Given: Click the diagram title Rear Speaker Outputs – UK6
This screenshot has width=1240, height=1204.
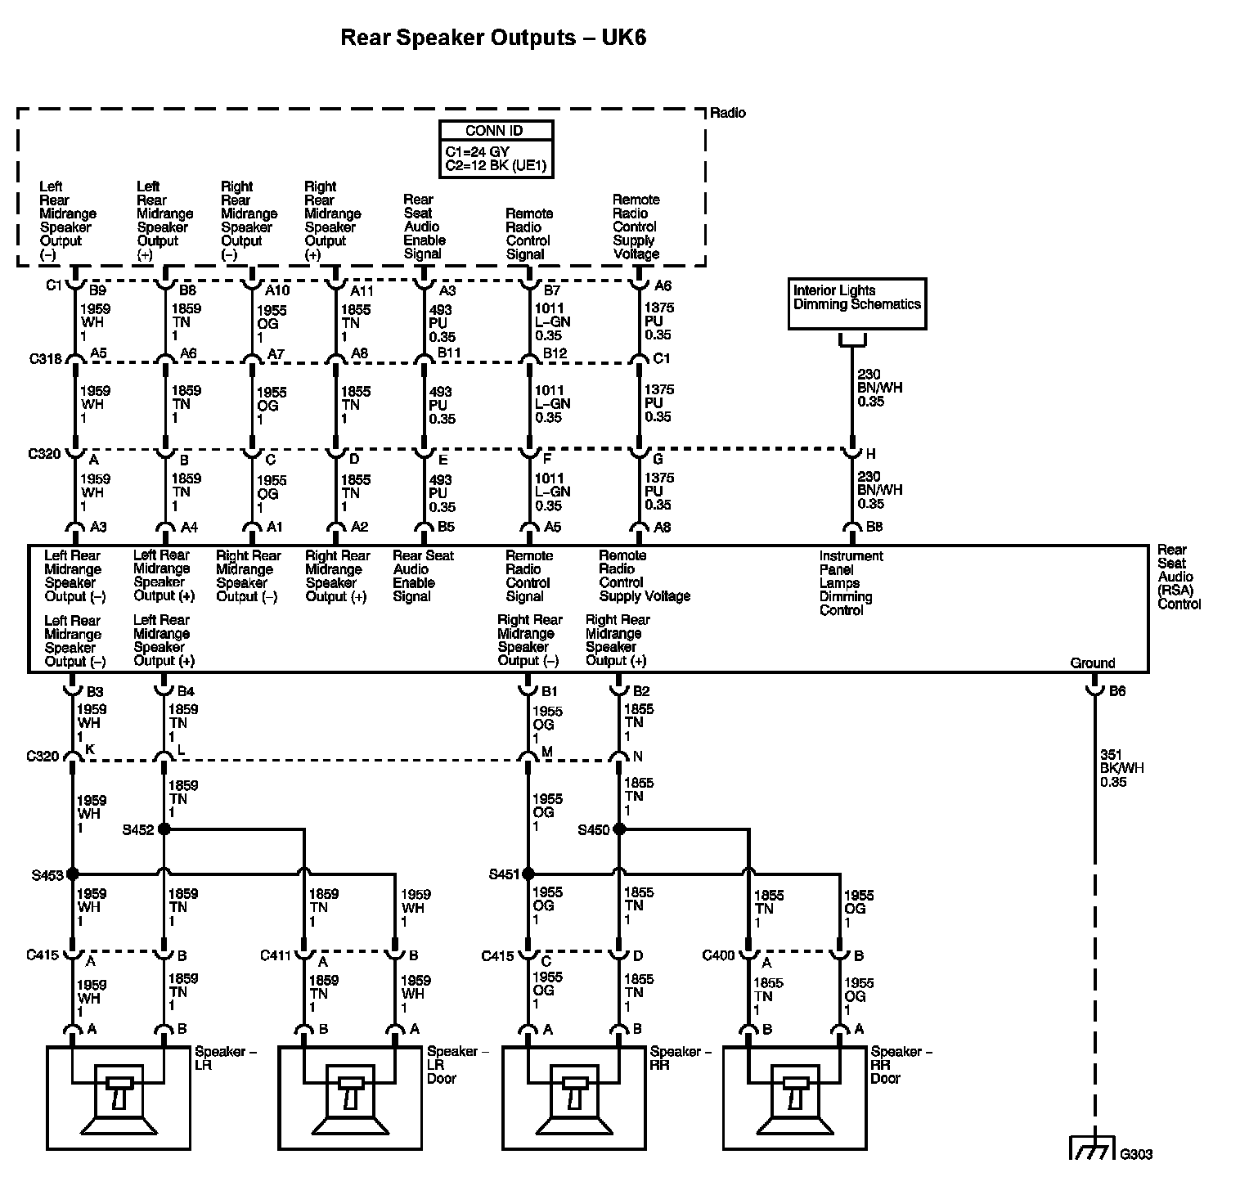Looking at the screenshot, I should point(492,38).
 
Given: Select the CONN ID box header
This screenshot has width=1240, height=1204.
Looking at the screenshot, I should point(496,131).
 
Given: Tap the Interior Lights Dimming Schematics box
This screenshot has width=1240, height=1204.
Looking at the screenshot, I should point(856,303).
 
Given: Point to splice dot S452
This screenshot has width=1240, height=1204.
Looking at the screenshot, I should point(164,829).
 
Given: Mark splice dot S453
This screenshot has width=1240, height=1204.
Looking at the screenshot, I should point(73,874).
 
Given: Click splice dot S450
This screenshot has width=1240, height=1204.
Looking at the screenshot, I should point(619,829).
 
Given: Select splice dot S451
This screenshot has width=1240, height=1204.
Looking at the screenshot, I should point(528,874).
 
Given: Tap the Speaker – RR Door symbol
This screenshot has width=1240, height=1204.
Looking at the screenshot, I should point(794,1098).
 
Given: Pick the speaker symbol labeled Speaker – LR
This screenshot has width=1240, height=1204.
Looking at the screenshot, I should point(119,1098).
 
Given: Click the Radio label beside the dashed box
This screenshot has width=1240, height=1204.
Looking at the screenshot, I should point(728,113).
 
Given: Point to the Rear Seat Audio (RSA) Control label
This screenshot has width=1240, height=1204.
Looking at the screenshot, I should point(1179,577).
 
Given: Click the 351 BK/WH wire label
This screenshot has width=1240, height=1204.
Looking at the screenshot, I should point(1122,768).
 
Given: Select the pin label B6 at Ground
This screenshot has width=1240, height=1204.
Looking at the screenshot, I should point(1117,691).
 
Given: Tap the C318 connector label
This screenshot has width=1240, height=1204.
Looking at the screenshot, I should point(45,358).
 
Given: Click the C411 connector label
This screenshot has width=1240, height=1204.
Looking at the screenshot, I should point(276,955).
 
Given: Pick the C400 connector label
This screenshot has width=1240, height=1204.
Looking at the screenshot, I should point(719,955).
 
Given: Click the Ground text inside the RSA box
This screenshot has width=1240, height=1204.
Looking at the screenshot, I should point(1092,663).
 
